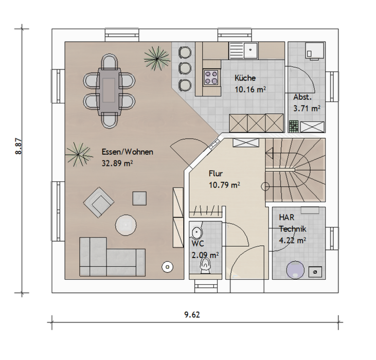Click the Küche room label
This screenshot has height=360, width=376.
click(245, 78)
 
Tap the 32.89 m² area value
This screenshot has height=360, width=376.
click(117, 164)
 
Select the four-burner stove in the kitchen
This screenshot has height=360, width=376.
click(211, 77)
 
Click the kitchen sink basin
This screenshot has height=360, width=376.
click(250, 50)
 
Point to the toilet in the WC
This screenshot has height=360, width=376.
click(205, 266)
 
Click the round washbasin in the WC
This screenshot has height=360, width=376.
click(196, 232)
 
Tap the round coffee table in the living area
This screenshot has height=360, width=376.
click(126, 225)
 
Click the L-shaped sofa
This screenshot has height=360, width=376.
click(112, 257)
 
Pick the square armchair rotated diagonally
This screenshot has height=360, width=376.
click(99, 203)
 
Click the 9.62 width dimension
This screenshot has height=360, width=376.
click(192, 314)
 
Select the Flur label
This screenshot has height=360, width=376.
click(216, 173)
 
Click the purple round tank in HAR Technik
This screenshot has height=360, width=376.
click(295, 270)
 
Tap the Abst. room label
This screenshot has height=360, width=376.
click(302, 97)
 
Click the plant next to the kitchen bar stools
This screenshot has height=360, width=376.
click(156, 59)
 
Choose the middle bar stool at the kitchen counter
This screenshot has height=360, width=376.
click(185, 69)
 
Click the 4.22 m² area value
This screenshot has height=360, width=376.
click(293, 240)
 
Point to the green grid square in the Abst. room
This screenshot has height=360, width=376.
click(294, 127)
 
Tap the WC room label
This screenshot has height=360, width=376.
click(198, 244)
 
